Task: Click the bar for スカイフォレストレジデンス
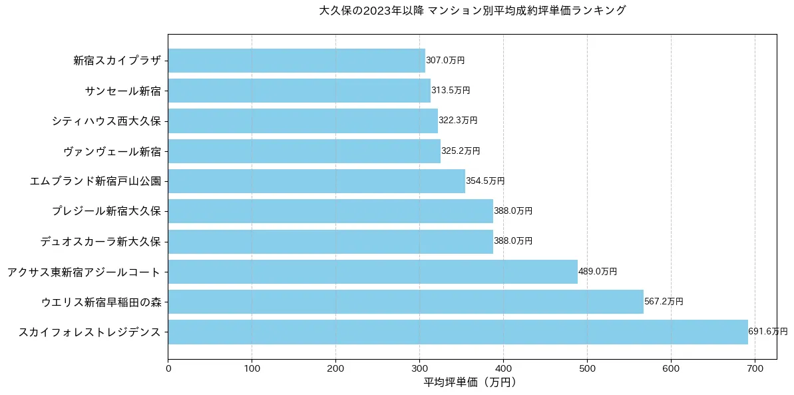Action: pyautogui.click(x=457, y=332)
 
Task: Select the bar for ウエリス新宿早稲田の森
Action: pyautogui.click(x=405, y=302)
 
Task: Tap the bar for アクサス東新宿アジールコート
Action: pyautogui.click(x=373, y=272)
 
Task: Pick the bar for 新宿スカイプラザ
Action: pyautogui.click(x=296, y=61)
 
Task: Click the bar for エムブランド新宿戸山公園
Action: pyautogui.click(x=316, y=181)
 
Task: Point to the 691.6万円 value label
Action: pyautogui.click(x=767, y=332)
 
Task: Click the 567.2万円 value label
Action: pyautogui.click(x=664, y=302)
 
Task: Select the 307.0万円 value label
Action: pyautogui.click(x=445, y=61)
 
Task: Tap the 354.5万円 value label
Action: pyautogui.click(x=485, y=181)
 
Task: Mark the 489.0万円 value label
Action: pyautogui.click(x=598, y=272)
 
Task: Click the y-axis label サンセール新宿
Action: pyautogui.click(x=123, y=91)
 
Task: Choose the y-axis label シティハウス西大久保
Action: pyautogui.click(x=106, y=121)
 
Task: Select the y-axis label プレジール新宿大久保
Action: pyautogui.click(x=106, y=211)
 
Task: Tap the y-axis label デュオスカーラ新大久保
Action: pyautogui.click(x=100, y=242)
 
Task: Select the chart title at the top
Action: pyautogui.click(x=473, y=11)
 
